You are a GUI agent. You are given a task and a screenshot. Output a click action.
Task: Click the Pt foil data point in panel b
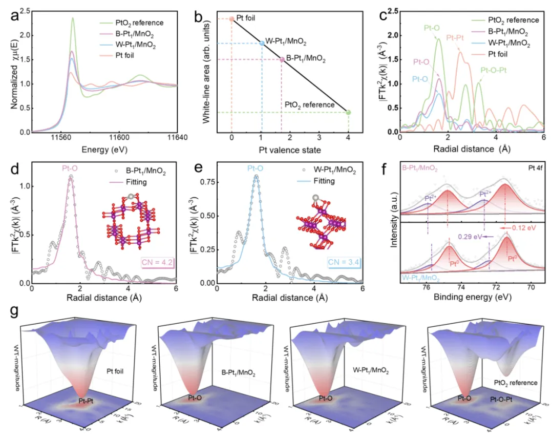231,19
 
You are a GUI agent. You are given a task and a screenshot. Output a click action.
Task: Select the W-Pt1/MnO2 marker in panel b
263,43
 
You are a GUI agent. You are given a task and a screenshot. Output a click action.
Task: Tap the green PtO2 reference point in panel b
348,112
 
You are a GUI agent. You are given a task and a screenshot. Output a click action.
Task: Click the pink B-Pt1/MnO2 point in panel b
282,59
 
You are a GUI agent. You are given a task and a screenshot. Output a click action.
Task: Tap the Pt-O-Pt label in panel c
493,71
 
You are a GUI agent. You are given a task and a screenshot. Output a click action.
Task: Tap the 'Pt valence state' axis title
290,150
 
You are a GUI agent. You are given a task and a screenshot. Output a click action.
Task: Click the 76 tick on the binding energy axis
427,288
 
